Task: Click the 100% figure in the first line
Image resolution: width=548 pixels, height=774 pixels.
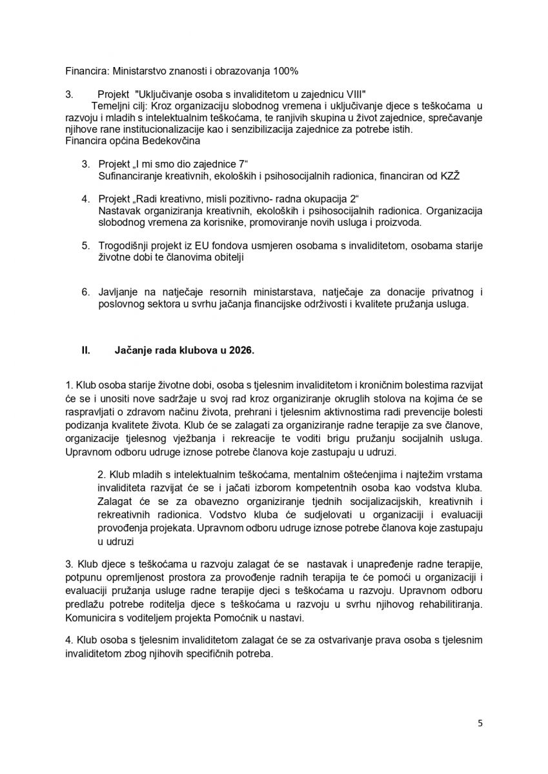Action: click(286, 70)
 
